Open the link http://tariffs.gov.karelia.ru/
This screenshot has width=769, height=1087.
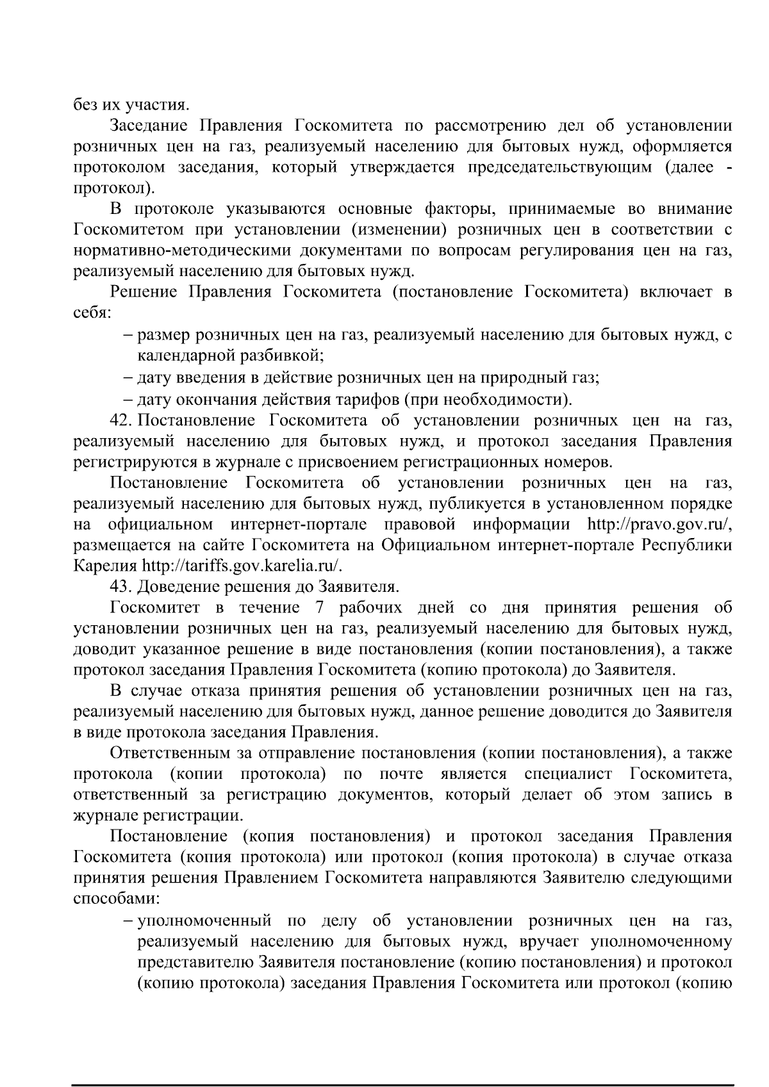coord(243,566)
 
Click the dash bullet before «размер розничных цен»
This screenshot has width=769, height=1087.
coord(129,334)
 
